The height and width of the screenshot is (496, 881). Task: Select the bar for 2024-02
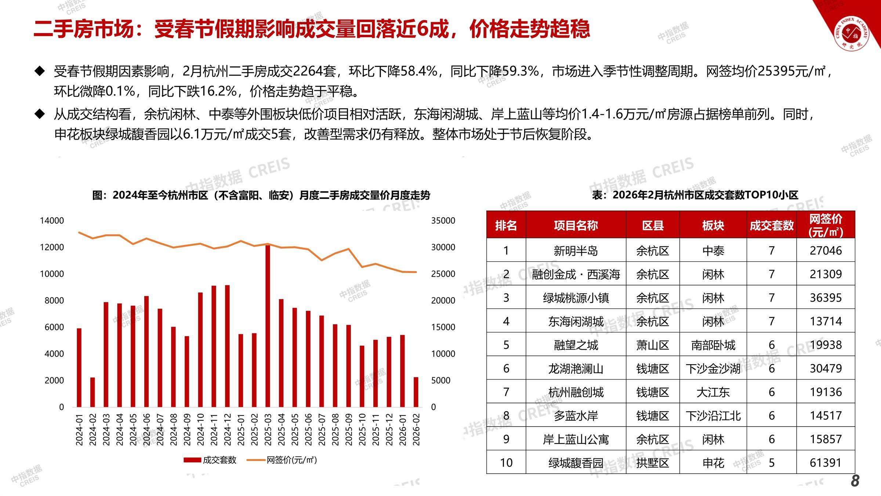coord(93,392)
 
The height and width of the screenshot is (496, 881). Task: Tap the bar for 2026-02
coord(416,392)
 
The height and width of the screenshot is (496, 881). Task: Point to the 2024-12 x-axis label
coord(228,429)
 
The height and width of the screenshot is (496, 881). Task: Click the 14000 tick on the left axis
coord(52,220)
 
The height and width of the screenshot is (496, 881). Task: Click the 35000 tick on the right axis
coord(443,220)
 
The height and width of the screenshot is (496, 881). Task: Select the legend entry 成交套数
coord(210,460)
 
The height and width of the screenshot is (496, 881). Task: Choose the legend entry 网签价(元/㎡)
coord(282,460)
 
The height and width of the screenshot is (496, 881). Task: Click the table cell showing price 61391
coord(826,462)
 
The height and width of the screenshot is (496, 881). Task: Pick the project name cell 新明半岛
coord(576,251)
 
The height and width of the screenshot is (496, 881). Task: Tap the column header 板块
coord(713,225)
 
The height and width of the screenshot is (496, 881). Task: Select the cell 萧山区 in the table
coord(653,345)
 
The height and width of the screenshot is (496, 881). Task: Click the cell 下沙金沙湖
coord(713,369)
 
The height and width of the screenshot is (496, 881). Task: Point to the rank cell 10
coord(506,462)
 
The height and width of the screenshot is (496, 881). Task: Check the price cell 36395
coord(826,298)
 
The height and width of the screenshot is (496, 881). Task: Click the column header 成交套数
coord(772,225)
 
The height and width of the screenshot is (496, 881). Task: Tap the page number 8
coord(855,481)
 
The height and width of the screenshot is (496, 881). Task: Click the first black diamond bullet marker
coord(39,71)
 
